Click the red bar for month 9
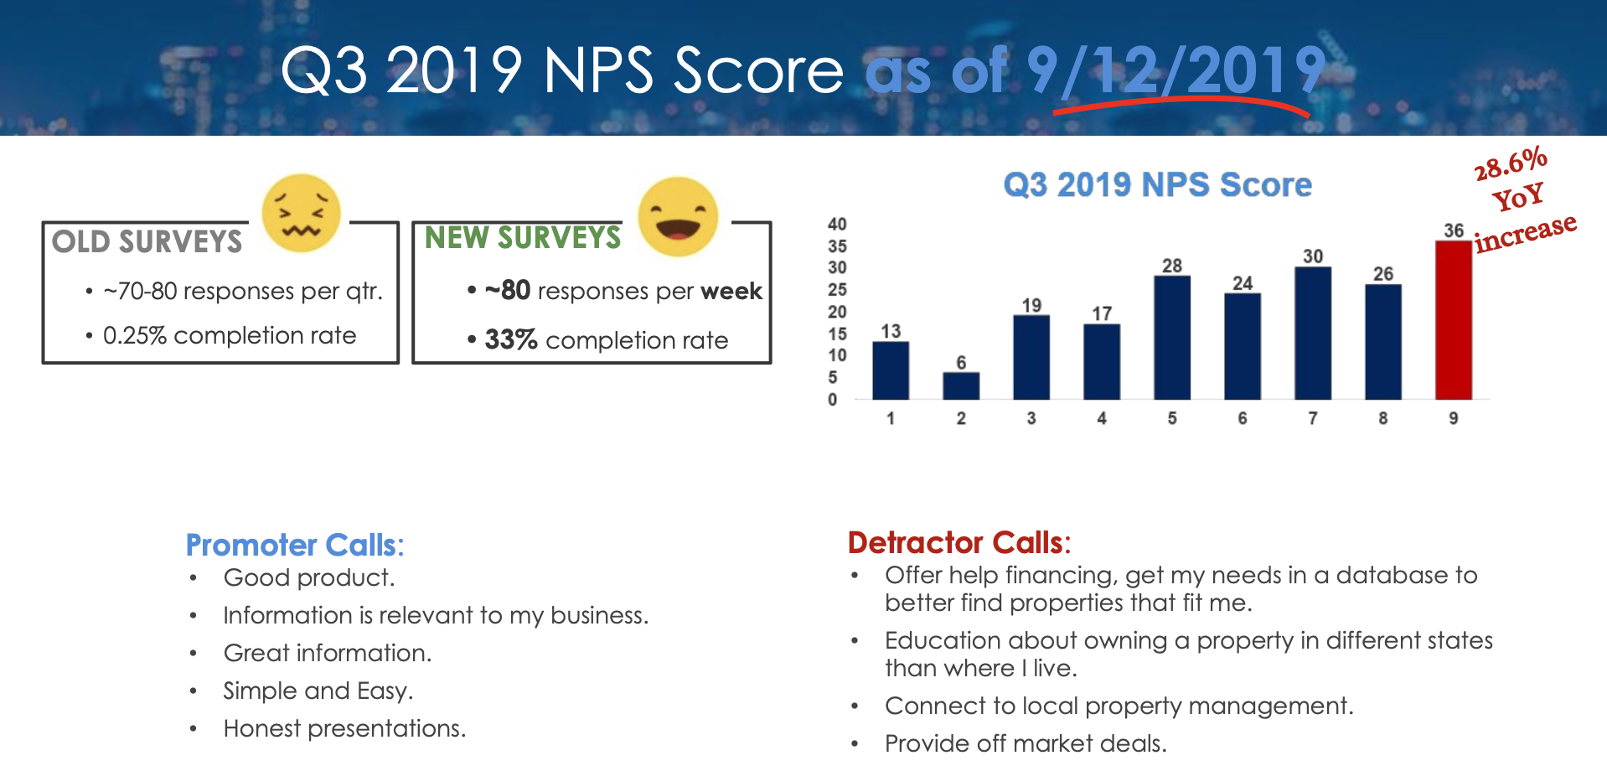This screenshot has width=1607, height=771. [x=1453, y=320]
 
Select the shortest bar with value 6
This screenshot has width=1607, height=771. [x=961, y=385]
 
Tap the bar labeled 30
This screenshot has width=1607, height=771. [x=1312, y=333]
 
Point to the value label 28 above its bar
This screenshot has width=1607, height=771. [x=1171, y=266]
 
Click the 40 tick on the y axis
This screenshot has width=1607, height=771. [x=837, y=224]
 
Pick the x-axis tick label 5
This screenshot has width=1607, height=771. [x=1171, y=418]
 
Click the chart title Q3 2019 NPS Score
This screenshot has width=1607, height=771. [x=1157, y=184]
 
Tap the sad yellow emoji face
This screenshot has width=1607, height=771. [x=301, y=213]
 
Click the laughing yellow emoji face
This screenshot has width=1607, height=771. [x=678, y=216]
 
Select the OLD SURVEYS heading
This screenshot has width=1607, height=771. [x=147, y=241]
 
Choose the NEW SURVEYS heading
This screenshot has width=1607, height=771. [x=523, y=238]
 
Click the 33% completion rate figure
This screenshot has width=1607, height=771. [x=510, y=339]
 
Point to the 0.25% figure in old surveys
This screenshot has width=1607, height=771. [x=134, y=335]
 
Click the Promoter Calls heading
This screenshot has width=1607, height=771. [x=294, y=545]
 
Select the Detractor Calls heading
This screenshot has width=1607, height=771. [x=959, y=542]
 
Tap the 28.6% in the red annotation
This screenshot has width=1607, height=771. [x=1510, y=163]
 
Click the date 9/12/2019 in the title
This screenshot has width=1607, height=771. [x=1176, y=70]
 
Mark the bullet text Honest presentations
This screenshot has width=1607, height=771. [x=344, y=728]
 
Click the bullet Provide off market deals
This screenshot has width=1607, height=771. [x=1025, y=743]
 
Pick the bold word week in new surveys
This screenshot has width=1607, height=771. [x=731, y=291]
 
